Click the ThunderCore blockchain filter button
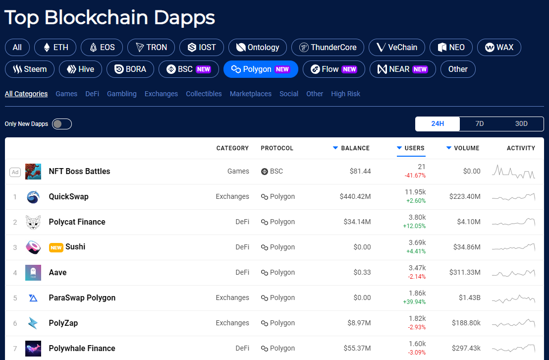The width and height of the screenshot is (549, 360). pyautogui.click(x=328, y=47)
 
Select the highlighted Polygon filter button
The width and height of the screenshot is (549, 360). pyautogui.click(x=261, y=69)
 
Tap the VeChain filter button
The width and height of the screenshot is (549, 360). pyautogui.click(x=397, y=47)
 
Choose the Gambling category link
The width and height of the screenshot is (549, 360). pyautogui.click(x=121, y=94)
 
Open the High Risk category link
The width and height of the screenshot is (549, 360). pyautogui.click(x=345, y=94)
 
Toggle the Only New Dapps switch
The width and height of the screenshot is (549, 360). pyautogui.click(x=62, y=124)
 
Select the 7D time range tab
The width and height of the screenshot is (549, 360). pyautogui.click(x=479, y=124)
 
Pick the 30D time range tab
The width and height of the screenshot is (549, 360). pyautogui.click(x=521, y=124)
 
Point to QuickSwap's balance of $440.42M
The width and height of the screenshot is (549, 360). pyautogui.click(x=355, y=197)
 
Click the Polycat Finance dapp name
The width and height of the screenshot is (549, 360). pyautogui.click(x=77, y=222)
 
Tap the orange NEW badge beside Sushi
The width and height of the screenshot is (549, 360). pyautogui.click(x=56, y=247)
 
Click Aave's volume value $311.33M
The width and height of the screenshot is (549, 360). pyautogui.click(x=465, y=272)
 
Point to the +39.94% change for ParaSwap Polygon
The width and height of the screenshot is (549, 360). pyautogui.click(x=414, y=302)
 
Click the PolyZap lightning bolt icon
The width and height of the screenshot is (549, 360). pyautogui.click(x=33, y=323)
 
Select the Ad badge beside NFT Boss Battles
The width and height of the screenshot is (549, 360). pyautogui.click(x=15, y=172)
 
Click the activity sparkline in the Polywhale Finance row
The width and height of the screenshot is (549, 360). pyautogui.click(x=514, y=348)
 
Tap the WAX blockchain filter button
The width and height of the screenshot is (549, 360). pyautogui.click(x=499, y=47)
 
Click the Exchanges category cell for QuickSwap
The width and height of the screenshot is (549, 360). pyautogui.click(x=232, y=197)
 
